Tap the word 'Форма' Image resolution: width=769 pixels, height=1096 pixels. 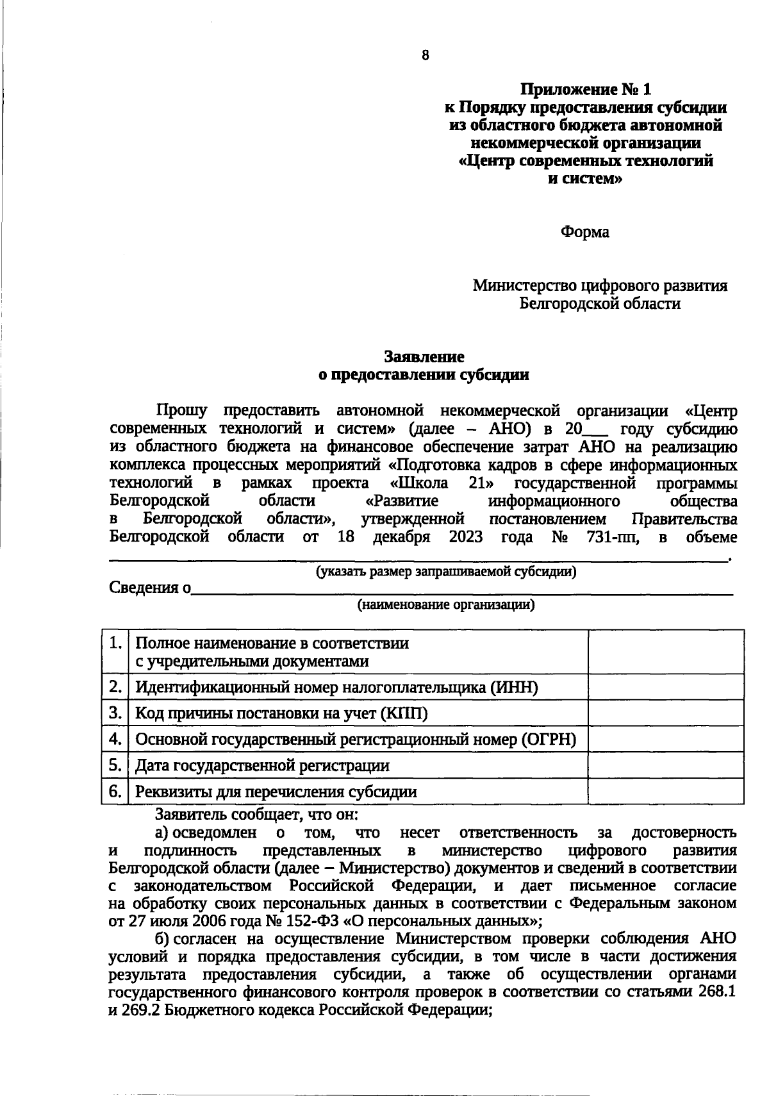point(584,231)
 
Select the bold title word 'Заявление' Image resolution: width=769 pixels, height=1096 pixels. point(424,356)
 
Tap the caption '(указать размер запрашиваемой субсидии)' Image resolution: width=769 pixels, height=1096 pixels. point(446,572)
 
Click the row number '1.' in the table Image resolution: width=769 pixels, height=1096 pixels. point(115,643)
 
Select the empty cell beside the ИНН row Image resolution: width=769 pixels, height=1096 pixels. point(665,687)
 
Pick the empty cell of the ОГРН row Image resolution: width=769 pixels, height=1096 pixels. point(665,739)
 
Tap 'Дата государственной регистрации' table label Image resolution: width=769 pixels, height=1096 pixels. point(262,765)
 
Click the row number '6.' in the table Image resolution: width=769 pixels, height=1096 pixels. point(115,791)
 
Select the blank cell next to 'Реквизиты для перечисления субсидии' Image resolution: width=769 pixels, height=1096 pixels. point(665,791)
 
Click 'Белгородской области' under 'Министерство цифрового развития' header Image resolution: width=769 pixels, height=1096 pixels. point(599,303)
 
